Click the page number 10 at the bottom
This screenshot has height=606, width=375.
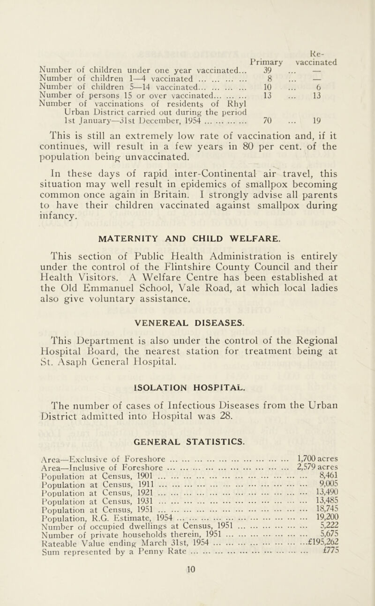point(187,596)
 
